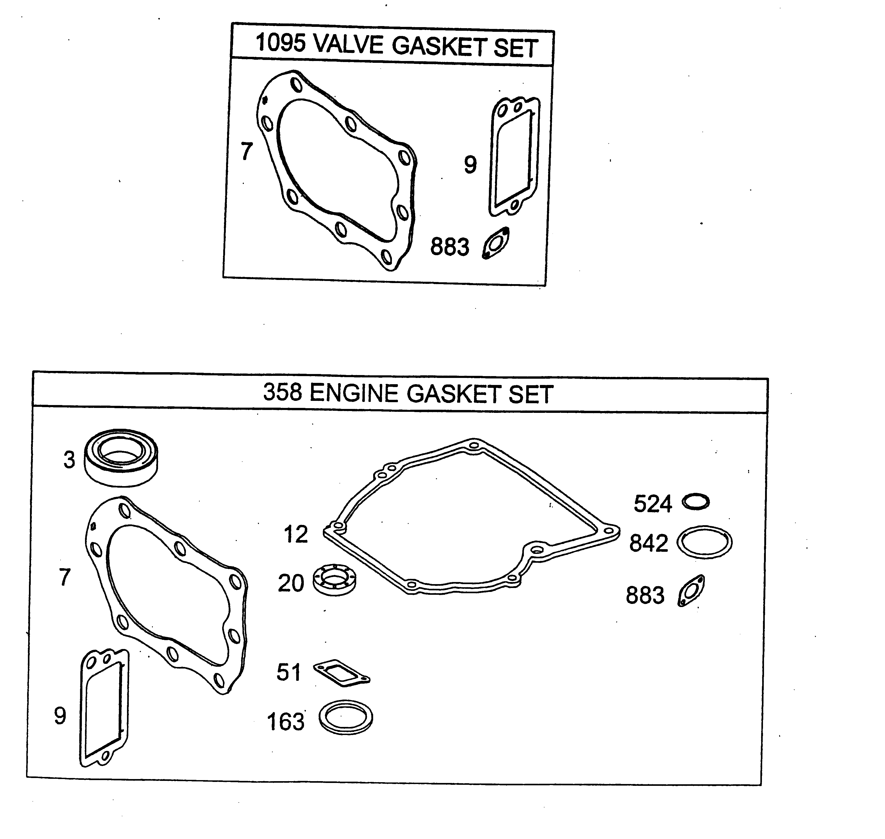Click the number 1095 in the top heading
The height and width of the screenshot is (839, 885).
pos(281,43)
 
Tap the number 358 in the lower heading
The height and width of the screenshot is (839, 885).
pos(282,392)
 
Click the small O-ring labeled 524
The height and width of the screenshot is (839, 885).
pos(696,502)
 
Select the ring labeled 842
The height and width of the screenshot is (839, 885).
pos(704,542)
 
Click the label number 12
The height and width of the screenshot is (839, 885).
pos(296,534)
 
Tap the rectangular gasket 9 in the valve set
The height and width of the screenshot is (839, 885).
pos(514,157)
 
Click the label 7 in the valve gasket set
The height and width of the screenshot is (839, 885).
pos(246,151)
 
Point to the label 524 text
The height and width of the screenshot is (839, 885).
pos(653,504)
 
